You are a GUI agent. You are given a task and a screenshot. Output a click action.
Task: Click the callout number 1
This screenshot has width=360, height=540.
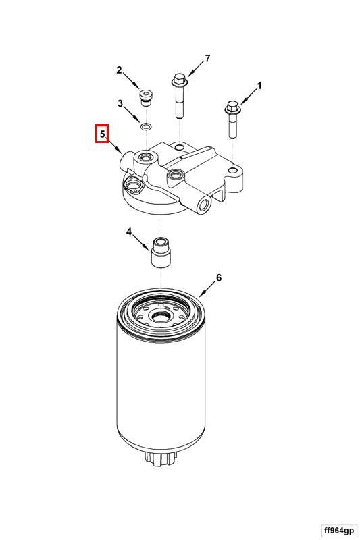pyautogui.click(x=259, y=86)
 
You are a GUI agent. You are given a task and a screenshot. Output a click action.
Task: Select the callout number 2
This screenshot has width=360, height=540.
pyautogui.click(x=119, y=70)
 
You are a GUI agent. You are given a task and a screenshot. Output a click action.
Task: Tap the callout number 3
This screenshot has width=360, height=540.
pyautogui.click(x=120, y=103)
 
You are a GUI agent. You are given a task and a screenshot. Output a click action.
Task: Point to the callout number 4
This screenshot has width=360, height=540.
pyautogui.click(x=129, y=232)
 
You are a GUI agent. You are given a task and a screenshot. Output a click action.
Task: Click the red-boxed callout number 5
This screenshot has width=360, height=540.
pyautogui.click(x=102, y=134)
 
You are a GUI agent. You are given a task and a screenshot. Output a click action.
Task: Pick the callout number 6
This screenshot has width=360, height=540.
pyautogui.click(x=218, y=277)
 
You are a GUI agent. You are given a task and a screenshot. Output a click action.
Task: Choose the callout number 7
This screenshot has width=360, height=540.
pyautogui.click(x=207, y=59)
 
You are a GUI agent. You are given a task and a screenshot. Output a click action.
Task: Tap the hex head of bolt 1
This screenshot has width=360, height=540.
pyautogui.click(x=232, y=107)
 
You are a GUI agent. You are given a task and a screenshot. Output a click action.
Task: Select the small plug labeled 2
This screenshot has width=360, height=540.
pyautogui.click(x=147, y=96)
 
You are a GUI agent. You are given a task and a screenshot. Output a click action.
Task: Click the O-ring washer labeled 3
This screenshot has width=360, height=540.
pyautogui.click(x=146, y=126)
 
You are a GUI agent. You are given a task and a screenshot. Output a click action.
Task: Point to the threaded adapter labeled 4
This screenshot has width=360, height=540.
pyautogui.click(x=161, y=252)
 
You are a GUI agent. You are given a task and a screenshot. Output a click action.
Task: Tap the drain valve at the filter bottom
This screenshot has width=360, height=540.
pyautogui.click(x=161, y=457)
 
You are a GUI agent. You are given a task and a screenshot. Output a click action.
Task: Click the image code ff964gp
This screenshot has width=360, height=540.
pyautogui.click(x=338, y=529)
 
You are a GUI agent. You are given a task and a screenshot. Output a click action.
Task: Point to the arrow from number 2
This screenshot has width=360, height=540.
pyautogui.click(x=131, y=81)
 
